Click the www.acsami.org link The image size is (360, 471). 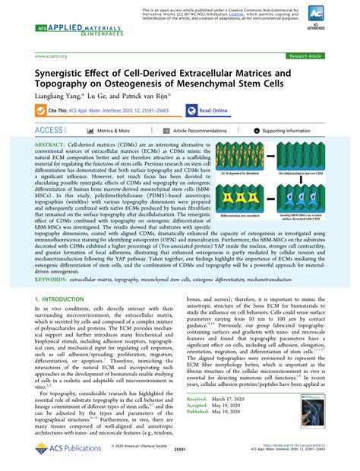pos(49,56)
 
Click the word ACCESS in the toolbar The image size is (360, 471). pos(50,131)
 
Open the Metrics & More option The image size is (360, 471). pos(114,131)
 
